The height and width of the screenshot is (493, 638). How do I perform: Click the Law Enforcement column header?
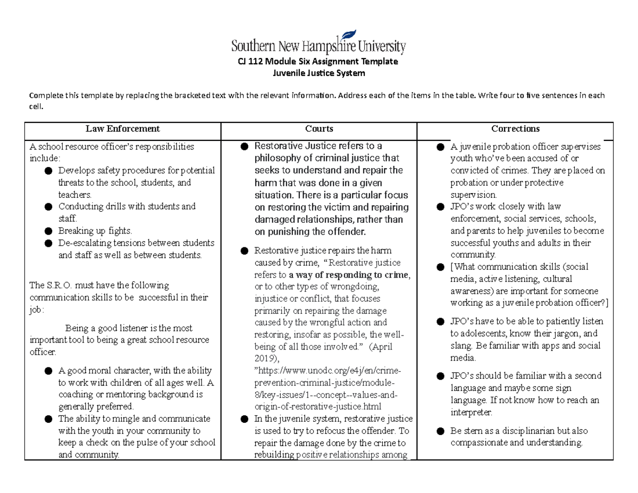coord(123,129)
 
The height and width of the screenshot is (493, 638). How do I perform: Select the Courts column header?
coord(319,129)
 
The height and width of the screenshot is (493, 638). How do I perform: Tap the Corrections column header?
coord(515,129)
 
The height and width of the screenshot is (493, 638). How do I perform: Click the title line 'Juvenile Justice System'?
coord(318,73)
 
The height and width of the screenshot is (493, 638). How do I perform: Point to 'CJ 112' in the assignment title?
coord(249,62)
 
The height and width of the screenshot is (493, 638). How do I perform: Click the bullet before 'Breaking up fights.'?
coord(49,231)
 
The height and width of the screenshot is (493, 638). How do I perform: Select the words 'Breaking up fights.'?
coord(95,231)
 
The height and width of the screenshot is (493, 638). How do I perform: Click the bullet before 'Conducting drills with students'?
coord(49,207)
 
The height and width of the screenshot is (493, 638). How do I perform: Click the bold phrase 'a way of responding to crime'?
coord(349,275)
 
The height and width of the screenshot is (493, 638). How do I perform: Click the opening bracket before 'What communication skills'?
coord(452,268)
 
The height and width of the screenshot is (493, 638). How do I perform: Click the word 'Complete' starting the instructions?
coord(46,96)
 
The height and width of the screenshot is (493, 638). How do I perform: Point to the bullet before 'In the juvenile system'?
coord(244,419)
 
